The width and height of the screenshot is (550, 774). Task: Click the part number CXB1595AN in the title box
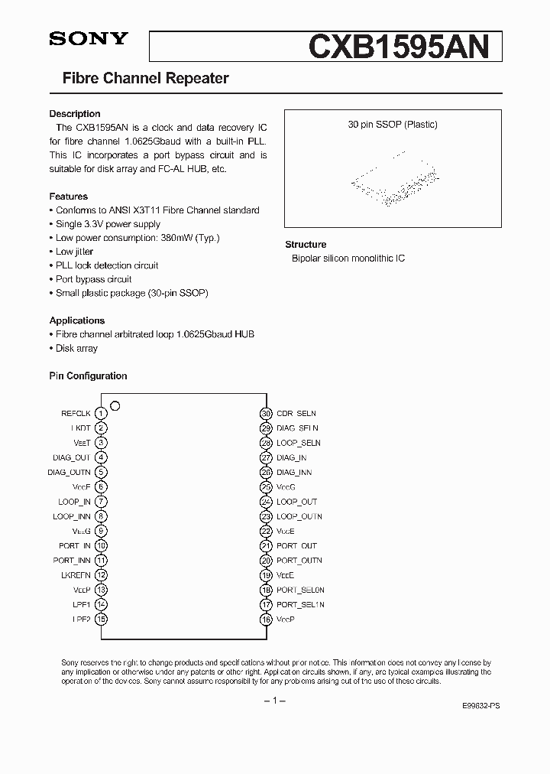[397, 47]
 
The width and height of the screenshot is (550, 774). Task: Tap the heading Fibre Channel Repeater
[145, 78]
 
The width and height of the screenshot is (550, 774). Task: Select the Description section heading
[75, 114]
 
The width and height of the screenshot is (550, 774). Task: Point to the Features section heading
[69, 197]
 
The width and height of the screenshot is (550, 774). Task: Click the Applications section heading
[77, 320]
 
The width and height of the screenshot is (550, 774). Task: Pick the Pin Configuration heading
[88, 376]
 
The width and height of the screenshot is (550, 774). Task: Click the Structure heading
[306, 245]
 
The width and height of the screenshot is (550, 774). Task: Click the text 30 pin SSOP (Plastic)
[393, 125]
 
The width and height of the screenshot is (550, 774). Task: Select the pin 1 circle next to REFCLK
[101, 414]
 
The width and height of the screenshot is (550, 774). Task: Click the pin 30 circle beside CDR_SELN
[266, 414]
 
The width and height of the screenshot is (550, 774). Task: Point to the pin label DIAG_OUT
[72, 458]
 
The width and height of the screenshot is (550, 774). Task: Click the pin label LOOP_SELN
[298, 443]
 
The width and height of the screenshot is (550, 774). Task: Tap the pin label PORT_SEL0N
[300, 590]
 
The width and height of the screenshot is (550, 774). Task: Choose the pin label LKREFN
[75, 575]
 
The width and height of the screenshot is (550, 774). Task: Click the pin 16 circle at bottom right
[266, 620]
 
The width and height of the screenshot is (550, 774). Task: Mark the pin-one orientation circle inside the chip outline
[115, 405]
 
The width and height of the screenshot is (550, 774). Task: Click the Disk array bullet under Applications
[76, 348]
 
